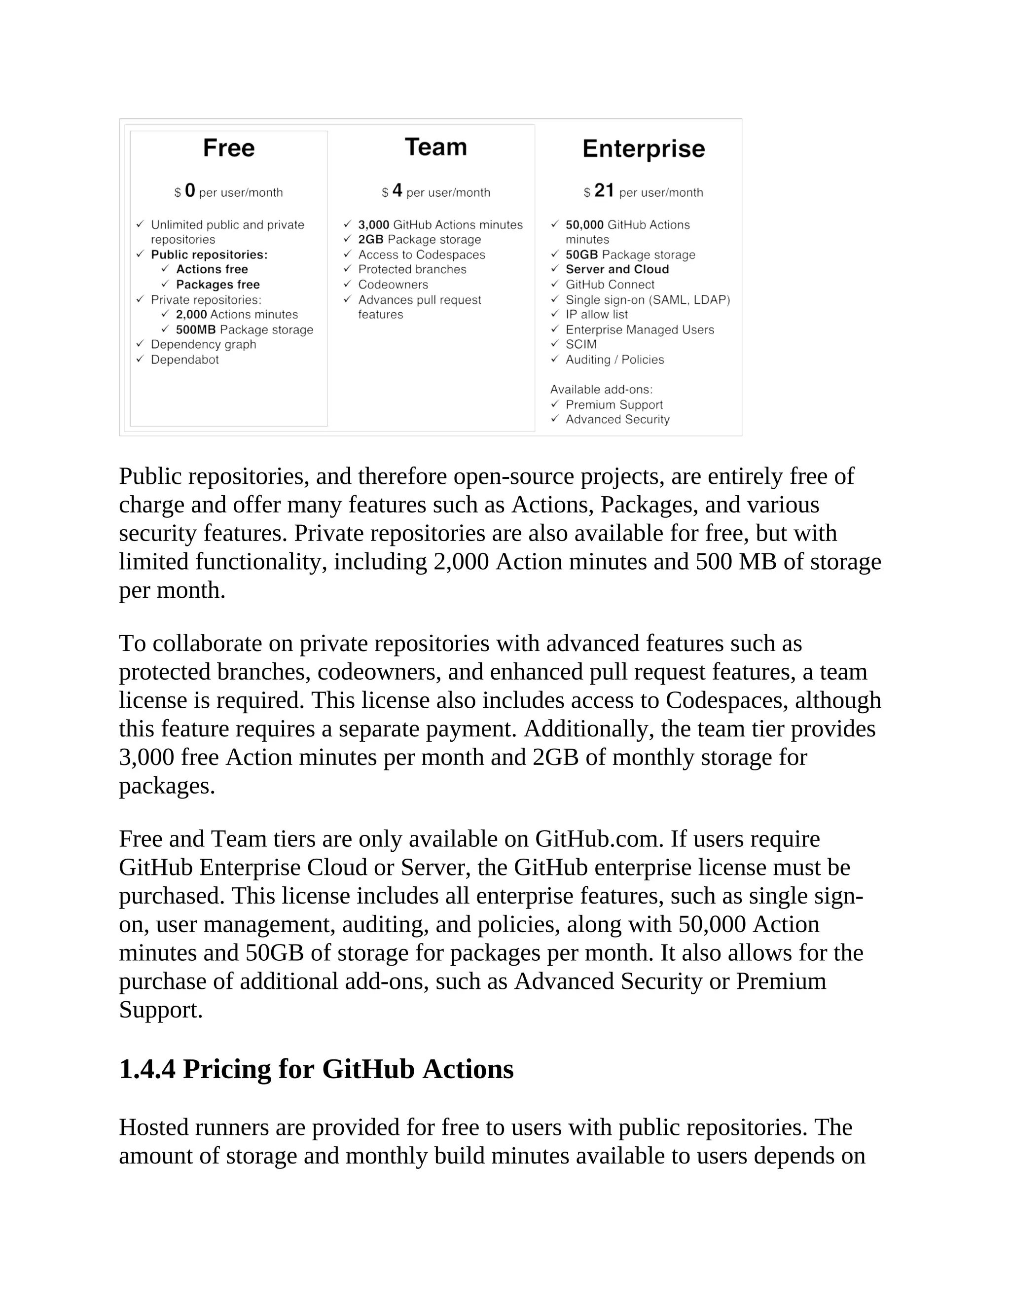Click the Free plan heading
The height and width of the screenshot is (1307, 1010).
[228, 148]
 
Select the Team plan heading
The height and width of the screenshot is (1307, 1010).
[435, 147]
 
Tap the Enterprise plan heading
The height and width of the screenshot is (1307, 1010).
[643, 149]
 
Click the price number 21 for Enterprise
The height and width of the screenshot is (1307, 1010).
[604, 191]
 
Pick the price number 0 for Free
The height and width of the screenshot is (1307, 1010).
[190, 191]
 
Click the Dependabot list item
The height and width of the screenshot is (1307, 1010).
[184, 360]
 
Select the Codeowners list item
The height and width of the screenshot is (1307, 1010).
[393, 285]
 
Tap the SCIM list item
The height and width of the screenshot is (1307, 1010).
[580, 344]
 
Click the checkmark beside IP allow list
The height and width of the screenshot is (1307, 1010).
[554, 314]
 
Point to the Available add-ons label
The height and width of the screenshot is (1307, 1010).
[601, 390]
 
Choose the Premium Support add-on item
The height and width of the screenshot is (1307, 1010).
[614, 404]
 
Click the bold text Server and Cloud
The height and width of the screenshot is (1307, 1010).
[617, 269]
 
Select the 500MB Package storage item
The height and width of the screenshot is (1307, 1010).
[244, 330]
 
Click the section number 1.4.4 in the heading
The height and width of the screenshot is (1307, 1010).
[147, 1069]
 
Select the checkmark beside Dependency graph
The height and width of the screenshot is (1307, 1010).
[140, 343]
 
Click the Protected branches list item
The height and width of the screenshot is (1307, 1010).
[412, 269]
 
